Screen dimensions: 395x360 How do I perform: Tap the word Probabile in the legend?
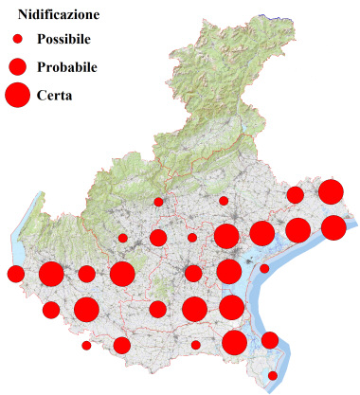(x=67, y=67)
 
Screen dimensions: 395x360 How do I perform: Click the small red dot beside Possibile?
(x=17, y=40)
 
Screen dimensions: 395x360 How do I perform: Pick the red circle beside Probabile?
(x=17, y=66)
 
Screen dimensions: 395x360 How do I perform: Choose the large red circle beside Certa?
(x=17, y=95)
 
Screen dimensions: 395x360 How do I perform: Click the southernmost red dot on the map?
(x=273, y=376)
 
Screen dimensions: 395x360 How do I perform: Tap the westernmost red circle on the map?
(x=15, y=275)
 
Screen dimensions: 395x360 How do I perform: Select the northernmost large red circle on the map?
(x=331, y=192)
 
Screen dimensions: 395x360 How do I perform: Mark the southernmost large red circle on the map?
(x=234, y=342)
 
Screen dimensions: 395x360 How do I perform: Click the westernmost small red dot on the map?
(x=86, y=346)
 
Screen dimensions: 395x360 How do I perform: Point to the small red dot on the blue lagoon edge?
(x=264, y=268)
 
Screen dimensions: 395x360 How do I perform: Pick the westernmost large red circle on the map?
(x=51, y=275)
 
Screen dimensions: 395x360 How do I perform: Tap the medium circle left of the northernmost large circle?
(x=295, y=195)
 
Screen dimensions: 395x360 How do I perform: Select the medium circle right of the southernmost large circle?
(x=270, y=340)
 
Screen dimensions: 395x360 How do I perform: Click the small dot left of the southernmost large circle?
(x=196, y=345)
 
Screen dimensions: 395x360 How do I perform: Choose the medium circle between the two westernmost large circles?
(x=86, y=274)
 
